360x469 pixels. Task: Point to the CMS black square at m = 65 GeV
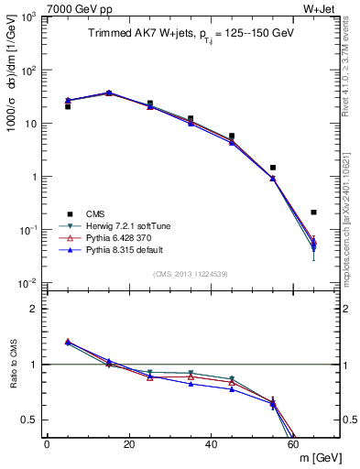(x=313, y=213)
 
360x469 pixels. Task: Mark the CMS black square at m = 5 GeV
(x=68, y=107)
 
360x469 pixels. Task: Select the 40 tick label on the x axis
(x=211, y=443)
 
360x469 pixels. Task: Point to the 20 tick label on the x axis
(x=129, y=443)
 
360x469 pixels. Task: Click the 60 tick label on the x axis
(x=293, y=443)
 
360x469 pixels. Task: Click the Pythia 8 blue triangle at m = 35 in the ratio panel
(x=191, y=383)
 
